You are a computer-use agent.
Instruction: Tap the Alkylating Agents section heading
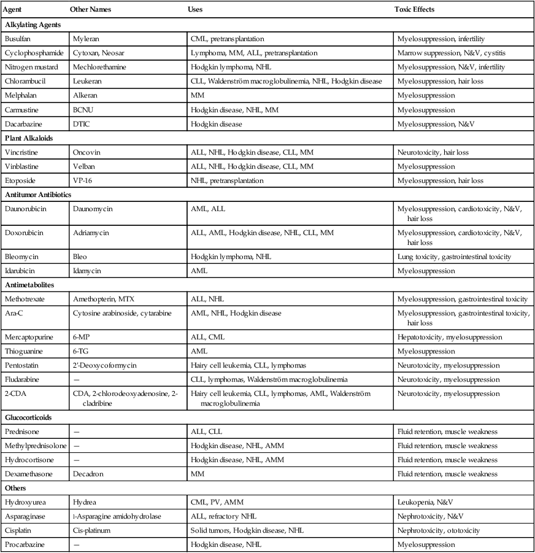37,25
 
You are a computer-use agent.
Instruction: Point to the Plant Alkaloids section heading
31,137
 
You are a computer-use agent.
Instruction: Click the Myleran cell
86,39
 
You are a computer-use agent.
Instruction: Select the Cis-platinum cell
91,530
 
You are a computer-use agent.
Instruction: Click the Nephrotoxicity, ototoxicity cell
439,530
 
